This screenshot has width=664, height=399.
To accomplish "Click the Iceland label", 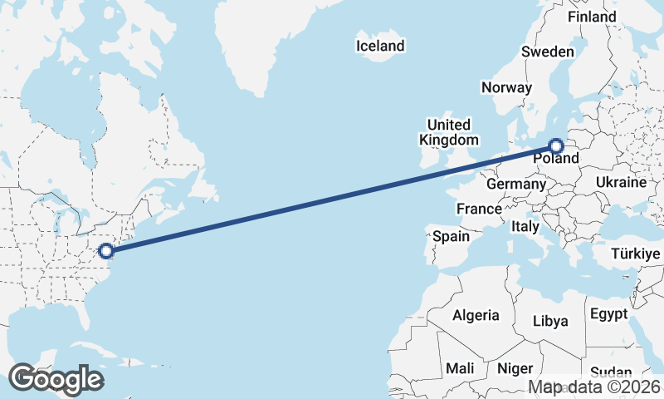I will click(x=380, y=46).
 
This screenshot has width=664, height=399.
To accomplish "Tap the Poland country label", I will click(x=555, y=159).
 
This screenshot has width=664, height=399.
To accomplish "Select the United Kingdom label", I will click(x=448, y=132).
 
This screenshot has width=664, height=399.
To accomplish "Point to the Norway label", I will click(x=505, y=87).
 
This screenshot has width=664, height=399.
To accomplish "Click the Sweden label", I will click(x=548, y=52).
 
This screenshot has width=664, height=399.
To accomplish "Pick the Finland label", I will click(x=592, y=17).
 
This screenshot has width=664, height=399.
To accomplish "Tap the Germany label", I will click(x=515, y=183).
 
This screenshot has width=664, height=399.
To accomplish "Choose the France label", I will click(x=479, y=209).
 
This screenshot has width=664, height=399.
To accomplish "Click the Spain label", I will click(x=451, y=237).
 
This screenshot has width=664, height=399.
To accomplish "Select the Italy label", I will click(x=525, y=226).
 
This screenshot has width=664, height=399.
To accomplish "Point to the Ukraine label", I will click(x=621, y=182).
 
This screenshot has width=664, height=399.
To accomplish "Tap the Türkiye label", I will click(x=634, y=254).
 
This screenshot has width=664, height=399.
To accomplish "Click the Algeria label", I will click(x=476, y=315).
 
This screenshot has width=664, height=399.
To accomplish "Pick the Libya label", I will click(x=550, y=321).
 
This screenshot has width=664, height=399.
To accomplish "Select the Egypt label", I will click(x=608, y=314).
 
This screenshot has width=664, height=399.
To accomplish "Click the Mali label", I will click(x=460, y=367).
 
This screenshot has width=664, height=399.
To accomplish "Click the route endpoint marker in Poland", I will click(x=557, y=146).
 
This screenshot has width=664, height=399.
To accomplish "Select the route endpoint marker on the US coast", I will click(x=105, y=250).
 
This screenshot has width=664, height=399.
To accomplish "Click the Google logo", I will click(x=56, y=378).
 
